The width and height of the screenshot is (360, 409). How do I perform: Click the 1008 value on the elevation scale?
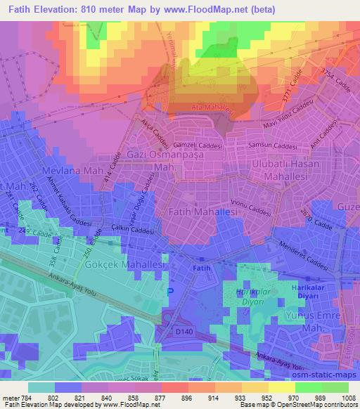point(347,398)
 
